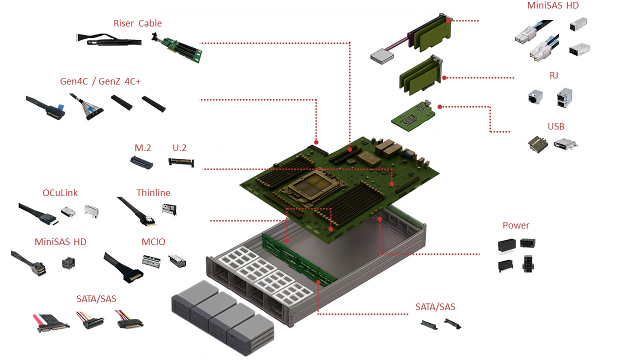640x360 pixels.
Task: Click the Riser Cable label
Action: (137, 23)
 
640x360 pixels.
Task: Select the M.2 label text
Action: (143, 148)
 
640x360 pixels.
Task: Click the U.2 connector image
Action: (181, 162)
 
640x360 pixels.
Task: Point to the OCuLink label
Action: (60, 193)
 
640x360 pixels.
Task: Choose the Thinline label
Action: (153, 193)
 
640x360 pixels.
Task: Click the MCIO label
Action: (153, 242)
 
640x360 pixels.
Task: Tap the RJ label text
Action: (553, 75)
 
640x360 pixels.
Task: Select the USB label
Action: (555, 126)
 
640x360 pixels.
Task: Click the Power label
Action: (516, 225)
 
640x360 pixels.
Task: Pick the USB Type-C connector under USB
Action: (565, 144)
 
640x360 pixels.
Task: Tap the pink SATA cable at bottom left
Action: (50, 324)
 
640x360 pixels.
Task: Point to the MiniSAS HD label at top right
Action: (553, 6)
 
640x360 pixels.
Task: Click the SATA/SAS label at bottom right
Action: (435, 307)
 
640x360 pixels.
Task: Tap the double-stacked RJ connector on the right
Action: (564, 97)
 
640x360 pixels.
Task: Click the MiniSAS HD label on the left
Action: (60, 242)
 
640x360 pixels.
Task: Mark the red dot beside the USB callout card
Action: (439, 106)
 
